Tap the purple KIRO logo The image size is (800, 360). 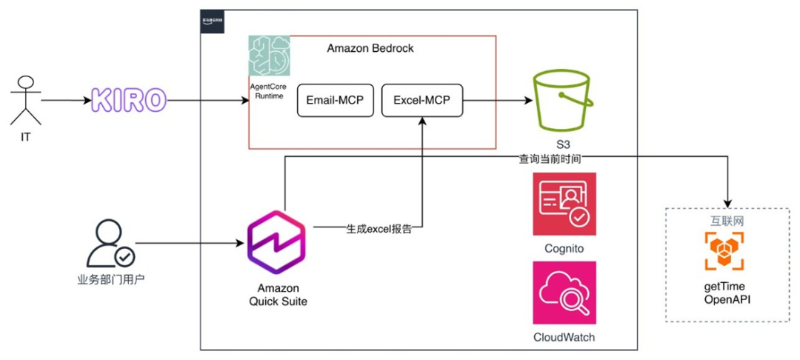128,100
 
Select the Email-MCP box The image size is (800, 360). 334,101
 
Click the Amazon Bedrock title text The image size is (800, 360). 370,48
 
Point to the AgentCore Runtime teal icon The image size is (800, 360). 269,56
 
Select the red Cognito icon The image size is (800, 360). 564,204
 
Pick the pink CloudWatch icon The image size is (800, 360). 564,292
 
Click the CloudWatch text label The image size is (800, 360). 564,338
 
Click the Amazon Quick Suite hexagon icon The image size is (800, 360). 278,242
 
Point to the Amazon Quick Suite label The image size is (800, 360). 278,294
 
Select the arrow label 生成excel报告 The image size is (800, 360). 379,229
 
